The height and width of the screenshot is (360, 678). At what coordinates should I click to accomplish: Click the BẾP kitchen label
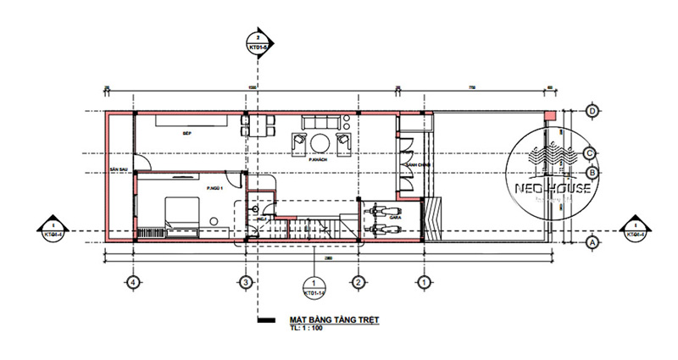click(185, 133)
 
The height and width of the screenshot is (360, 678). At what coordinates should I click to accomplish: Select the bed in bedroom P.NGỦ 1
click(182, 210)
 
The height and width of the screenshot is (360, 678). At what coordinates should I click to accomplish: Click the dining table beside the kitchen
click(258, 126)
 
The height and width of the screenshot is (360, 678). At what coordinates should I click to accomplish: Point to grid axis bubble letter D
click(593, 111)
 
